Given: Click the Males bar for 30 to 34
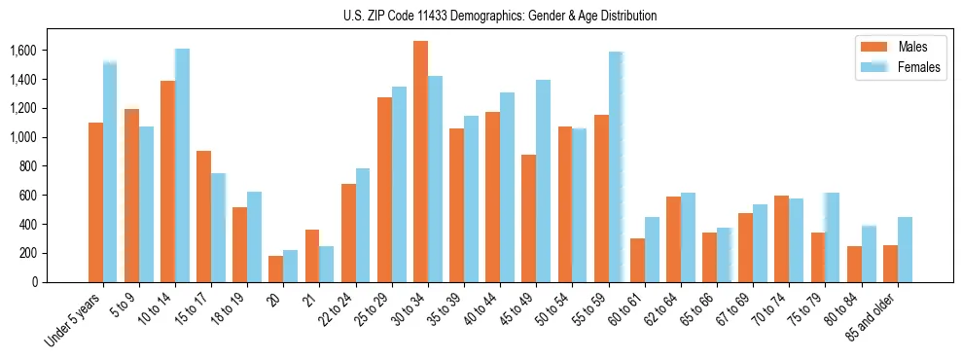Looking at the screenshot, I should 420,162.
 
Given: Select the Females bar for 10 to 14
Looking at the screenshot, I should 182,165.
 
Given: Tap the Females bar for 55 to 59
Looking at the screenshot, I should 616,166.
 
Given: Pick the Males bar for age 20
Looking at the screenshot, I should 276,269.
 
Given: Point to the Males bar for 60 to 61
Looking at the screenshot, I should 637,260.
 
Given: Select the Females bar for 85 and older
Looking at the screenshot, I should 905,249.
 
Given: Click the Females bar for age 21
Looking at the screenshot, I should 327,264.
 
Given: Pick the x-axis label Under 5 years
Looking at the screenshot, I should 74,317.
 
